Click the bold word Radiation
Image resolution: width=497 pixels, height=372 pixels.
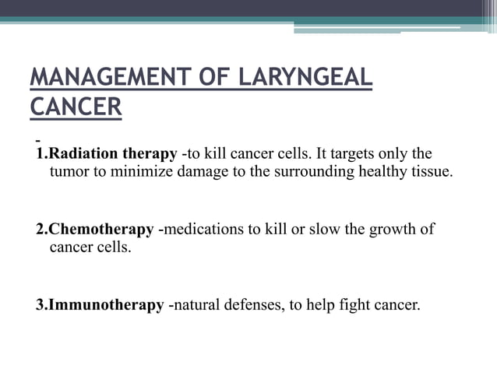coord(86,153)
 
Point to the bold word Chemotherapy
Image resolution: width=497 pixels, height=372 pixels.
coord(101,230)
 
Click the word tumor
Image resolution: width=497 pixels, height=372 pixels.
coord(69,172)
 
